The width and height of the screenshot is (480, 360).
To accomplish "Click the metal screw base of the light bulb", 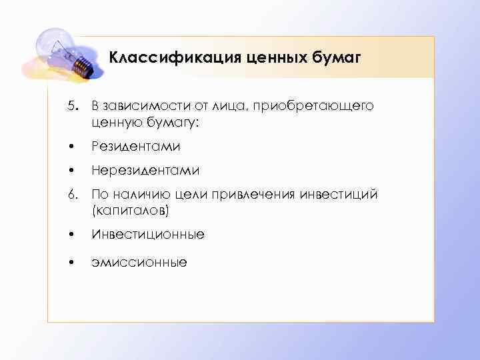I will [x=81, y=63].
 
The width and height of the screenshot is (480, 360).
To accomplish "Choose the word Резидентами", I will [x=136, y=145].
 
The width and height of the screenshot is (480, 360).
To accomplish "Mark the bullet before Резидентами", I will [x=76, y=145].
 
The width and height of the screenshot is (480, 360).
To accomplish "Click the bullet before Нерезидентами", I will [x=76, y=170].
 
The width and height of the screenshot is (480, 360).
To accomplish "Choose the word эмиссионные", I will [x=139, y=262].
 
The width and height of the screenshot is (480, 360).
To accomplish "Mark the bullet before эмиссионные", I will [x=76, y=261].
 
